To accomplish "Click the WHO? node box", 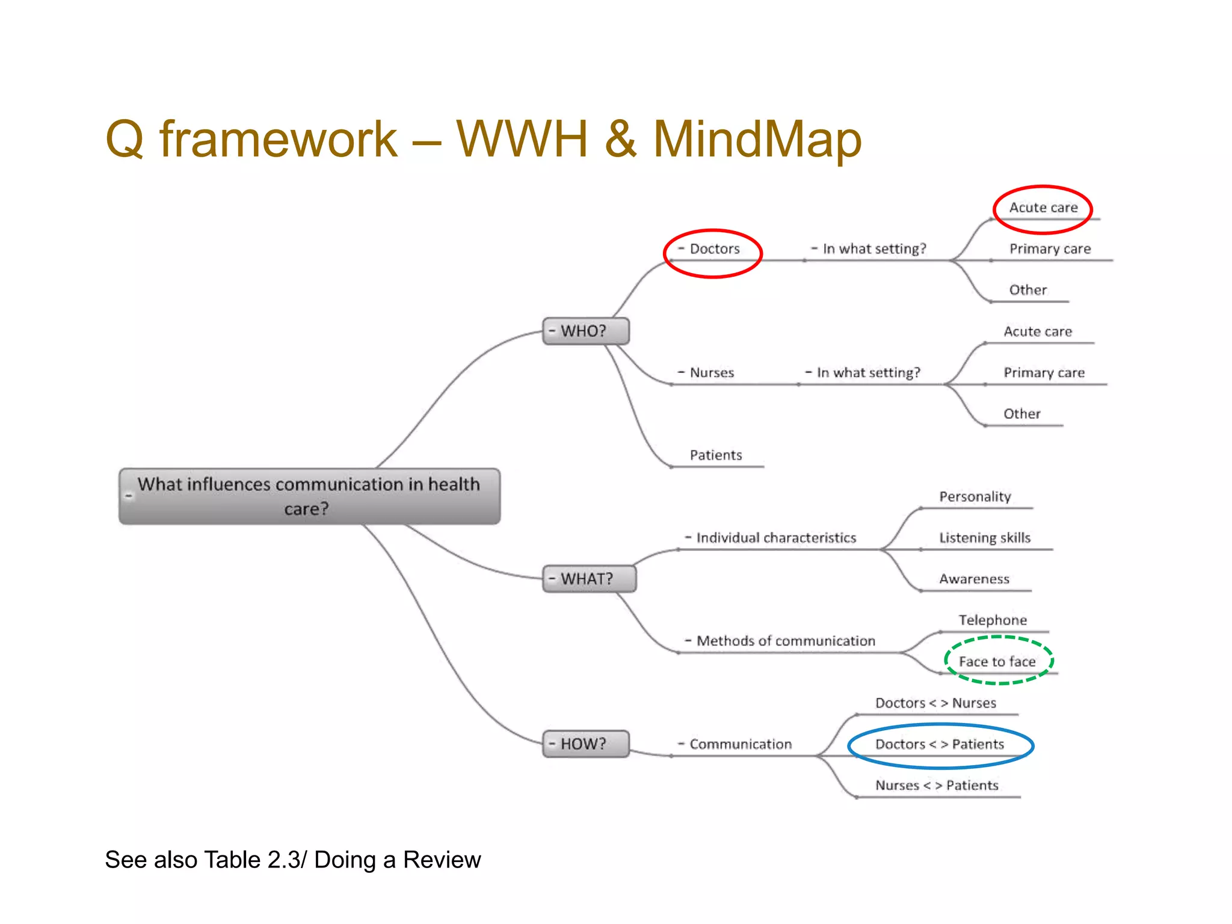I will (585, 331).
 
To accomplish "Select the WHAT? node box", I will (588, 579).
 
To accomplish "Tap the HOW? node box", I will (585, 744).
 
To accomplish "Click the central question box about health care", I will (309, 496).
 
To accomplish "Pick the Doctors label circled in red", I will (714, 249).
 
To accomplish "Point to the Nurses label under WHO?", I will (712, 373).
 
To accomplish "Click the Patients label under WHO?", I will (716, 455).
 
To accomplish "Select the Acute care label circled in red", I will (1043, 208).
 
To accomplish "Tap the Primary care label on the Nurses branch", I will (1044, 373).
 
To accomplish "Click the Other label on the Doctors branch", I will (1028, 290).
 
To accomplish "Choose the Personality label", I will (975, 497).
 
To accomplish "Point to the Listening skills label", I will (985, 538).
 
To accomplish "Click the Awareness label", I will (975, 579).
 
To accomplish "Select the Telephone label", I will (993, 620).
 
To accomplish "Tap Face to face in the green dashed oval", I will (997, 662).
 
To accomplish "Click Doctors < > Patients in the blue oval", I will (940, 745).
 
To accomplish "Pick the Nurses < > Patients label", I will (937, 786).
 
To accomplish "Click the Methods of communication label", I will (786, 641).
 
